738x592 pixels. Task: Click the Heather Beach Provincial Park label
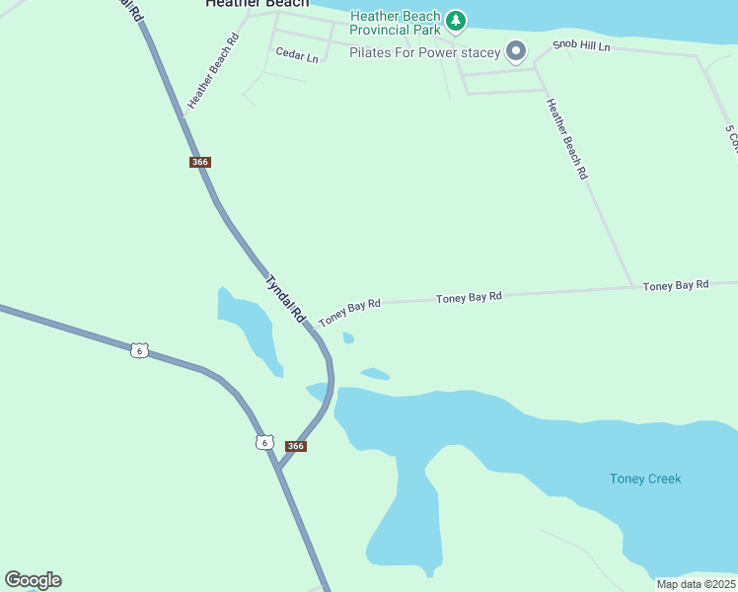tap(395, 23)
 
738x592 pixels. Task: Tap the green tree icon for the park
tap(455, 20)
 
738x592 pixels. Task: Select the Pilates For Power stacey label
tap(424, 52)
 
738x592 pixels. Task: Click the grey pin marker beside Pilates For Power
tap(515, 50)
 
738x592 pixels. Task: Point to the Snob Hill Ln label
tap(581, 46)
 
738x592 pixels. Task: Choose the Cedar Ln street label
tap(297, 56)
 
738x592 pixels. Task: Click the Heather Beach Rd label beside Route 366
tap(214, 71)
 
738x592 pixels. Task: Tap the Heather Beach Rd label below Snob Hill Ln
tap(567, 138)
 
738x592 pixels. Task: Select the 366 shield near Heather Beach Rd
tap(200, 162)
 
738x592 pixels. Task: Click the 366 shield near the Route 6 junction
tap(295, 446)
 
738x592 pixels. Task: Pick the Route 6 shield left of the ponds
tap(140, 350)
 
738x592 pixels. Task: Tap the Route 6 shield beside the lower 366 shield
tap(263, 442)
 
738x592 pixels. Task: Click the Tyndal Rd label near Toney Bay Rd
tap(285, 299)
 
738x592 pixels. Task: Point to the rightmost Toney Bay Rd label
tap(676, 285)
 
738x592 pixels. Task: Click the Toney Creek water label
tap(645, 479)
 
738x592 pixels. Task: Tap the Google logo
tap(33, 580)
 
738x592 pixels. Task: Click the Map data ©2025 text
tap(696, 584)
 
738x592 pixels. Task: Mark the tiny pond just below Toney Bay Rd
tap(348, 338)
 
